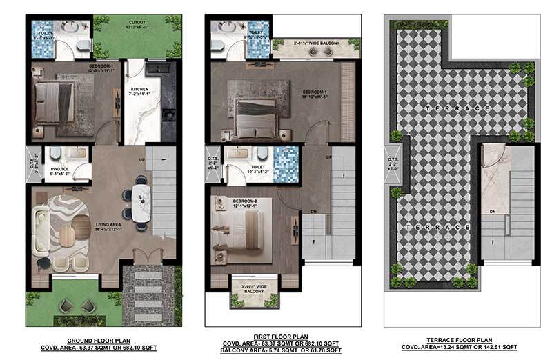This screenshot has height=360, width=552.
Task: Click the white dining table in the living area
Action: [141, 203]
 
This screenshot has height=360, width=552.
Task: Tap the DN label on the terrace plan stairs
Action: [493, 211]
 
